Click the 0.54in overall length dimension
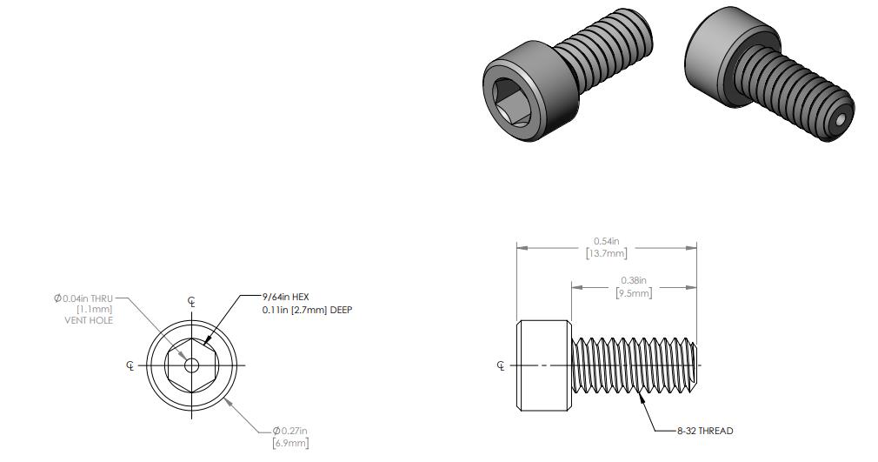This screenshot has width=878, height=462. (x=607, y=241)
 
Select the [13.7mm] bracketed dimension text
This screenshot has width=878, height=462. (x=607, y=253)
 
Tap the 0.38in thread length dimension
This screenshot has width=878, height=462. (x=633, y=280)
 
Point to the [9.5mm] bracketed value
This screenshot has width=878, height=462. (x=633, y=293)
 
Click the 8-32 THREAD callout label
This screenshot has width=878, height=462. (x=705, y=431)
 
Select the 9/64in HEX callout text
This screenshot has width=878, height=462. (x=286, y=297)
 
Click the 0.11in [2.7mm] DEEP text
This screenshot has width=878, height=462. (x=307, y=310)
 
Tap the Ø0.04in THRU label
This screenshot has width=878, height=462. (x=83, y=298)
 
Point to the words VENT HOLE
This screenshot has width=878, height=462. (x=90, y=320)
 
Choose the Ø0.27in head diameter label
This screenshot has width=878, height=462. (x=290, y=431)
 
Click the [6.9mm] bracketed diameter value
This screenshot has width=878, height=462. (x=290, y=444)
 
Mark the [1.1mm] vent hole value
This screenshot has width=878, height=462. (x=95, y=309)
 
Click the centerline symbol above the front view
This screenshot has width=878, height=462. (x=191, y=303)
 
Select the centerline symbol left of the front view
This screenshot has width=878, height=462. (x=130, y=365)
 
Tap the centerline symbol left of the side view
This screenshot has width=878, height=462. (x=501, y=365)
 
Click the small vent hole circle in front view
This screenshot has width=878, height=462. (x=191, y=365)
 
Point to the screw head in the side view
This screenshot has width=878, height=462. (x=544, y=365)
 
